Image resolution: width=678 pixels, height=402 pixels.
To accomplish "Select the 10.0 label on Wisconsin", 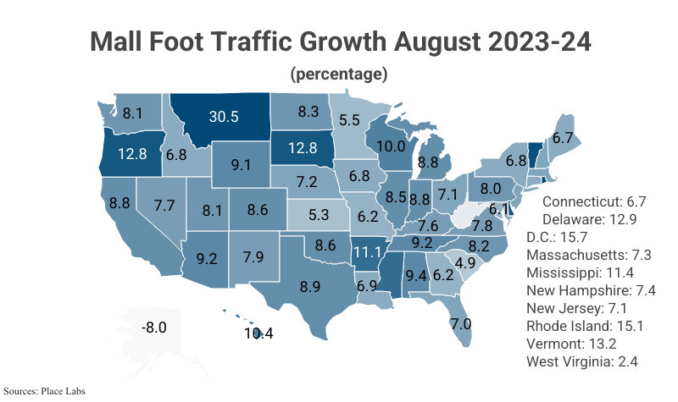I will click(391, 146).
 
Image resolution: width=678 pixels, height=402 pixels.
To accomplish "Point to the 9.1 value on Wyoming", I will click(240, 164).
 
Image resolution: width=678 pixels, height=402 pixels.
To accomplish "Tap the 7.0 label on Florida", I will click(460, 323).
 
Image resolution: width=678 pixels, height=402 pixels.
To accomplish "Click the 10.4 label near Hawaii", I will click(258, 333).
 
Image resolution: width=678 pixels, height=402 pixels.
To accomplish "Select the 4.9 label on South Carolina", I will click(464, 263).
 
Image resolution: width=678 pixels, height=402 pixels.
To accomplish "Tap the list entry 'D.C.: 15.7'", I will click(568, 237).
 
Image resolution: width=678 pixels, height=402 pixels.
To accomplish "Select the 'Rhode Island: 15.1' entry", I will click(581, 326).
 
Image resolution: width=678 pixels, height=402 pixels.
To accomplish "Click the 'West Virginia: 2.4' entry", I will click(581, 361).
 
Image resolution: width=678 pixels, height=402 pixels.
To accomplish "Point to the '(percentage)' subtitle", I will click(339, 74).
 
